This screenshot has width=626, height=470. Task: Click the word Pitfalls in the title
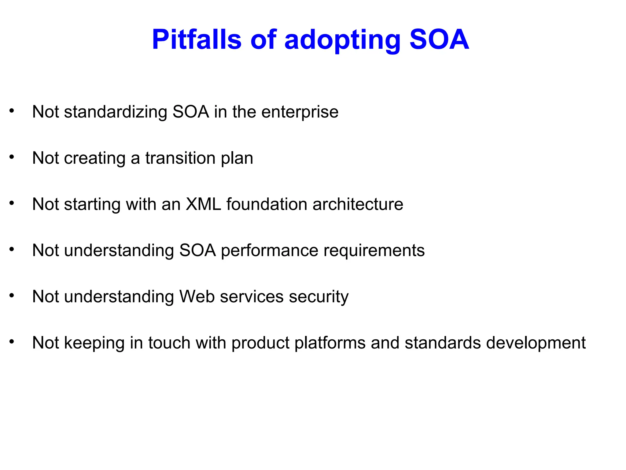(197, 40)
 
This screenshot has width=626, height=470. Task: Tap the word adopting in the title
(342, 40)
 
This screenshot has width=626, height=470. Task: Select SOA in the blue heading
(439, 40)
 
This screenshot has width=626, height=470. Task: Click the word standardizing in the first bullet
(116, 112)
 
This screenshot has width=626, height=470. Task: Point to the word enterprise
(300, 112)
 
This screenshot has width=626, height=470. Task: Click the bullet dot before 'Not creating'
(12, 157)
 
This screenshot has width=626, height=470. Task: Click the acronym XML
(203, 204)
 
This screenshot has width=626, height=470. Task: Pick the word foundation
(267, 204)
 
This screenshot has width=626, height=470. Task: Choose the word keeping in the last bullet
(94, 343)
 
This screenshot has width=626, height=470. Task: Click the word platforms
(330, 343)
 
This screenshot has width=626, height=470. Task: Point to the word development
(536, 343)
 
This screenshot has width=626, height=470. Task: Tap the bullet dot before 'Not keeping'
(12, 341)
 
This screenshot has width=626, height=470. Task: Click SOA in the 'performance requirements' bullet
(197, 250)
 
